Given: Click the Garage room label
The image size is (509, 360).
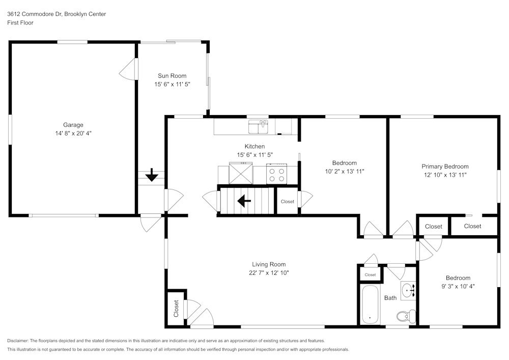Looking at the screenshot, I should click(x=73, y=125).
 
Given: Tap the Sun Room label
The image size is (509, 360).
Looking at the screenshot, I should click(x=172, y=76).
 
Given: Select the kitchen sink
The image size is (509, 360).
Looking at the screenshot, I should click(x=258, y=126).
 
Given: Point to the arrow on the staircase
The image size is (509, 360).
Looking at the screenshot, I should click(x=245, y=202).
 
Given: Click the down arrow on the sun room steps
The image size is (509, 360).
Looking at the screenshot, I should click(x=152, y=176).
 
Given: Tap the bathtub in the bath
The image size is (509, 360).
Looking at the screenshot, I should click(x=370, y=304).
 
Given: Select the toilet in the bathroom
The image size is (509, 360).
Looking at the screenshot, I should click(x=404, y=317).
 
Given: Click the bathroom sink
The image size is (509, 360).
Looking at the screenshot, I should click(x=408, y=291).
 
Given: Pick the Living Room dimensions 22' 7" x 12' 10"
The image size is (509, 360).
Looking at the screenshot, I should click(x=269, y=273).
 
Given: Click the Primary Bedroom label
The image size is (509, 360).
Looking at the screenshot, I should click(x=445, y=167).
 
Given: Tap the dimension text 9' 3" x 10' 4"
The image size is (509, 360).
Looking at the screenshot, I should click(x=458, y=286).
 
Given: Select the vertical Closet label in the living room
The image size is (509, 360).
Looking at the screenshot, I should click(x=176, y=309).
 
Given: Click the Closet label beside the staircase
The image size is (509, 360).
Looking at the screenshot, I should click(x=288, y=202).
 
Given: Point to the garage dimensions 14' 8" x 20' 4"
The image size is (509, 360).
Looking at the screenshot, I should click(x=73, y=133).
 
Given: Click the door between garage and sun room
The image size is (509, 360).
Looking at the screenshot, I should click(x=130, y=69).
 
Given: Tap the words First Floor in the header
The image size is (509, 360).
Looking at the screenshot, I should click(x=20, y=23).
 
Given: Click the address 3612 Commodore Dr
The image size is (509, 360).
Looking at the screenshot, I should click(x=34, y=14).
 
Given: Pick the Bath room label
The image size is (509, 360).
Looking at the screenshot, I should click(x=390, y=298).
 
